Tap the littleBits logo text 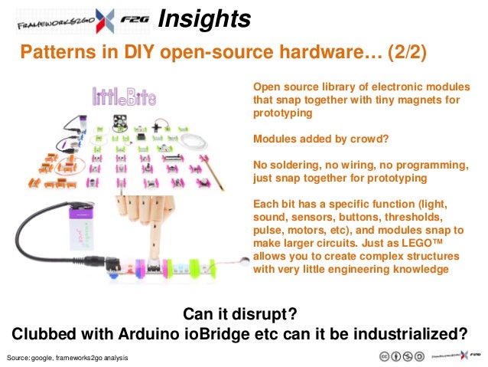tap(124, 96)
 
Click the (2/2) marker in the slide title tap(402, 52)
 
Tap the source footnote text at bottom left tap(67, 359)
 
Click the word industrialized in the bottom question tap(414, 335)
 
